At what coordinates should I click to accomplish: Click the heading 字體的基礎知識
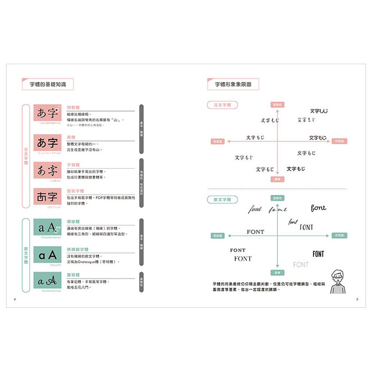(48, 85)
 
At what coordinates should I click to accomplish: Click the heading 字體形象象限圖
(233, 85)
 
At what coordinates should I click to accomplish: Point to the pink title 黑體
(71, 138)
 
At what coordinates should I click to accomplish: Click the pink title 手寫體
(73, 165)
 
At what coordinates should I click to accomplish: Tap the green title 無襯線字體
(78, 250)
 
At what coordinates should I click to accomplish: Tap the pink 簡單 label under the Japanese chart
(277, 179)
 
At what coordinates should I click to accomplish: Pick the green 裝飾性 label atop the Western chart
(277, 198)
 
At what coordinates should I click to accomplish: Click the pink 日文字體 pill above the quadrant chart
(222, 106)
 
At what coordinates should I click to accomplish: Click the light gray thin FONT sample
(301, 265)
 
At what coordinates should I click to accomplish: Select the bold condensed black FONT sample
(319, 254)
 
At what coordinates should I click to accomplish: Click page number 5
(357, 299)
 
